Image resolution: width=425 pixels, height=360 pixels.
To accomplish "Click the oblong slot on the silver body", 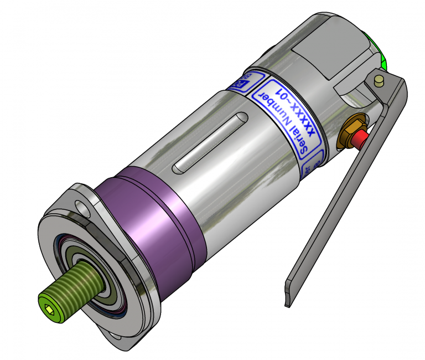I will coord(211,142).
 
